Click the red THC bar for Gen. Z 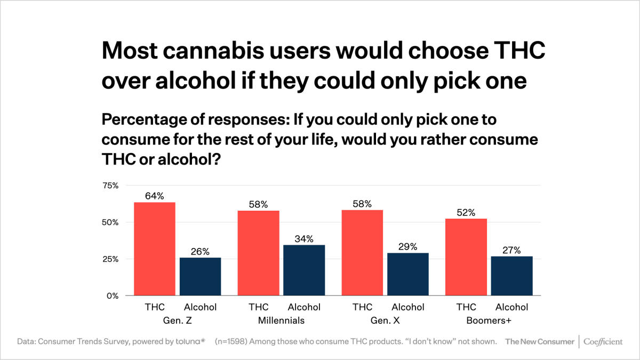click(155, 249)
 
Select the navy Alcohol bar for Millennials click(304, 270)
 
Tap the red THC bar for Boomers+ click(466, 257)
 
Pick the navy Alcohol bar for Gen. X click(408, 274)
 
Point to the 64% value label click(155, 196)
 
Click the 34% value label click(304, 238)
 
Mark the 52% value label click(466, 212)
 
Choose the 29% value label click(408, 246)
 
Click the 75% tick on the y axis click(110, 186)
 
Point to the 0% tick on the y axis click(112, 295)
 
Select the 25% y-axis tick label click(110, 259)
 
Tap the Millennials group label click(281, 321)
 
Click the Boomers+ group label click(489, 321)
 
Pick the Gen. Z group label click(177, 321)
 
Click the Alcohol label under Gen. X click(408, 307)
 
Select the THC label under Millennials click(259, 307)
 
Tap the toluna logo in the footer click(189, 341)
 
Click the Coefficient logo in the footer click(603, 341)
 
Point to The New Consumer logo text click(540, 341)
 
